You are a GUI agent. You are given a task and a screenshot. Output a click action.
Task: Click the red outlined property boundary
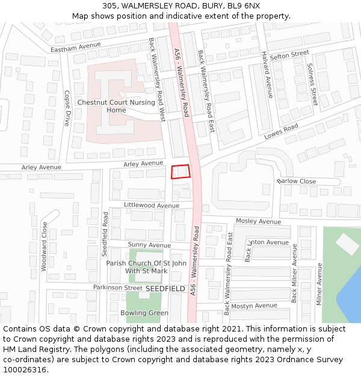coord(180,171)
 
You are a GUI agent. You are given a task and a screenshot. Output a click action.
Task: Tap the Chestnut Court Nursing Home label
coord(116,106)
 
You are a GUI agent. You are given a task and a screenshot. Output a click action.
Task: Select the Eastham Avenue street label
coord(76,46)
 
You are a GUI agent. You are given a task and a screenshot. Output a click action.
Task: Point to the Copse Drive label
coord(67,108)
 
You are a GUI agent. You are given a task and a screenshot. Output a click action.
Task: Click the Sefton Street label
coord(289,55)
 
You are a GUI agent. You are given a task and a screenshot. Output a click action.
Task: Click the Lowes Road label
coord(281,132)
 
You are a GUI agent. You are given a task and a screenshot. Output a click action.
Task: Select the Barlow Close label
coord(297,181)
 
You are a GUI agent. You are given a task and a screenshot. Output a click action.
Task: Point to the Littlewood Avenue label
coord(152,205)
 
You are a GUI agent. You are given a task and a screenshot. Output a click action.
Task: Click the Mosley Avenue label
coord(258,221)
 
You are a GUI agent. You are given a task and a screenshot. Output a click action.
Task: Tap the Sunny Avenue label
coord(149,245)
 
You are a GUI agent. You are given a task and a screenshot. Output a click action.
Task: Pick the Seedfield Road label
coord(105,234)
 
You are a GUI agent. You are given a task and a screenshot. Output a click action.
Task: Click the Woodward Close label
coord(44,247)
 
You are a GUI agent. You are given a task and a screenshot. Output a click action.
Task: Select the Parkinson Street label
coord(117,288)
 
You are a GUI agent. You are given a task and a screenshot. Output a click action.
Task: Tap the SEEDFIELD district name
coord(165,289)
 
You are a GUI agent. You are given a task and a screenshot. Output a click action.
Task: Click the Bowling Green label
coord(144,313)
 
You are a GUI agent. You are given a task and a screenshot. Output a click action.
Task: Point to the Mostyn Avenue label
coord(255,306)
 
